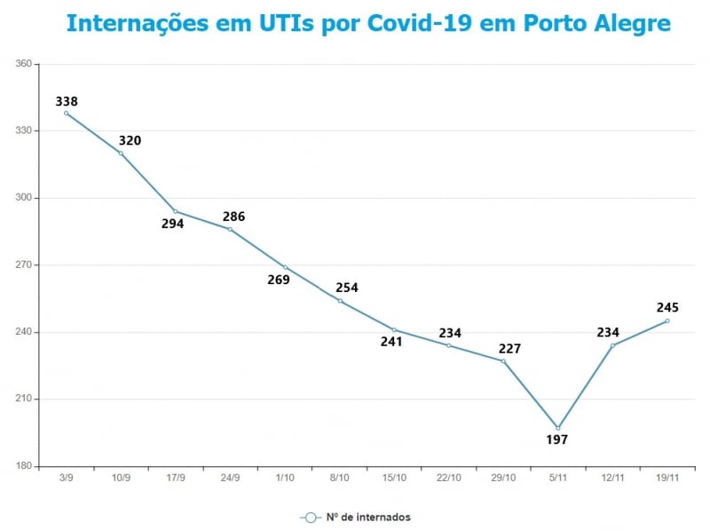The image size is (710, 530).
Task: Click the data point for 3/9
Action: coord(66,113)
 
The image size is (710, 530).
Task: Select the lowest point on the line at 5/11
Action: coord(558,428)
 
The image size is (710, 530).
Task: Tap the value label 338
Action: coord(67,100)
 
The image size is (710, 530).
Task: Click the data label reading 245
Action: coord(667,308)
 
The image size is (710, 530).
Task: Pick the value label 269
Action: coord(279,280)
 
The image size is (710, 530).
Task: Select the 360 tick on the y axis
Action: coord(24,64)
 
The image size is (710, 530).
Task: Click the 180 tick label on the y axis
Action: coord(24,466)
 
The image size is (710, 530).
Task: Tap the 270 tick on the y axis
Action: coord(24,265)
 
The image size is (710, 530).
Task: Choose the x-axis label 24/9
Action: coord(230,479)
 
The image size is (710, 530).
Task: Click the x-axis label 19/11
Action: coord(667,479)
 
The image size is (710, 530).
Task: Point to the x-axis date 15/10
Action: coord(394,479)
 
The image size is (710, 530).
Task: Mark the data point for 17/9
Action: coord(175,211)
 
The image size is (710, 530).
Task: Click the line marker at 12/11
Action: coord(612,345)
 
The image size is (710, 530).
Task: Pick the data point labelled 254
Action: coord(339,301)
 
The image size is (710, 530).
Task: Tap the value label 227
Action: coord(509,349)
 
